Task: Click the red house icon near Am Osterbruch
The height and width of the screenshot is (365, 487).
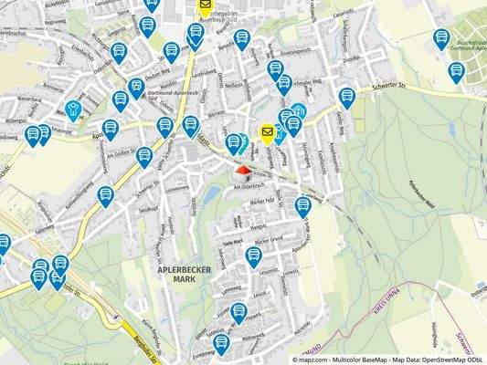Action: click(242, 171)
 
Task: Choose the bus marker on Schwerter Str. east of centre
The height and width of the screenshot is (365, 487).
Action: click(346, 97)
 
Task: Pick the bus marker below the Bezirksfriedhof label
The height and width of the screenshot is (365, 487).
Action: click(456, 72)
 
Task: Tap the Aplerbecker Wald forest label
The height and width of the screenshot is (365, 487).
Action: click(397, 187)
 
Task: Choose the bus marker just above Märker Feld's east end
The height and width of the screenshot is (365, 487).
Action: click(303, 206)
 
